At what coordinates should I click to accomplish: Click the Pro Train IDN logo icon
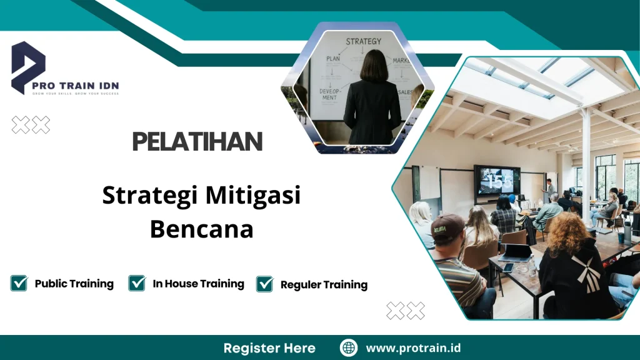click(x=29, y=66)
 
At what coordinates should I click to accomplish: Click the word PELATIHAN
click(x=197, y=142)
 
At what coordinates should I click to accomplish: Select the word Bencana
click(x=201, y=229)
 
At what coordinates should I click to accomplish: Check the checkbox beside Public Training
click(x=19, y=283)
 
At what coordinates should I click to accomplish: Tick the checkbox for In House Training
click(x=137, y=283)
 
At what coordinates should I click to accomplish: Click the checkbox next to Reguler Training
click(x=265, y=284)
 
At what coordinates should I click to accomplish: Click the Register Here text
click(x=269, y=348)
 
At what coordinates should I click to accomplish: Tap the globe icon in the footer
click(x=349, y=348)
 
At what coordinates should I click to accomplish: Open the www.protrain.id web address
click(x=413, y=348)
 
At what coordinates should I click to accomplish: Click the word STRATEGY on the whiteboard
click(x=363, y=41)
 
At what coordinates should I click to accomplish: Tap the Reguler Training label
click(x=324, y=285)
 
